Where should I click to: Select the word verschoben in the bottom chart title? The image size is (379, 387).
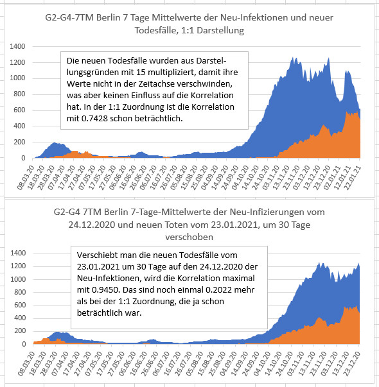[x=189, y=237]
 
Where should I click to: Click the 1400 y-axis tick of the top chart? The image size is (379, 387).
[x=17, y=46]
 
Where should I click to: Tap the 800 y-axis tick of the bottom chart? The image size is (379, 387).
[x=20, y=292]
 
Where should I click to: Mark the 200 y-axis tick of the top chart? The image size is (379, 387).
[x=19, y=142]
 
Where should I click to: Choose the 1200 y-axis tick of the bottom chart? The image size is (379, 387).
[x=18, y=266]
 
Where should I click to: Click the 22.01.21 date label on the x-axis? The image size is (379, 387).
[x=353, y=178]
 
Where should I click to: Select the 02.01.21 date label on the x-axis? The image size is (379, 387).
[x=332, y=178]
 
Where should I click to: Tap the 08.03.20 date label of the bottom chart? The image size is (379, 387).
[x=27, y=364]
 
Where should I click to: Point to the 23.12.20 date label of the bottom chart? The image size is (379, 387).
[x=352, y=364]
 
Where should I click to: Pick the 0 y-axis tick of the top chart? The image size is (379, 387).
[x=23, y=158]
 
